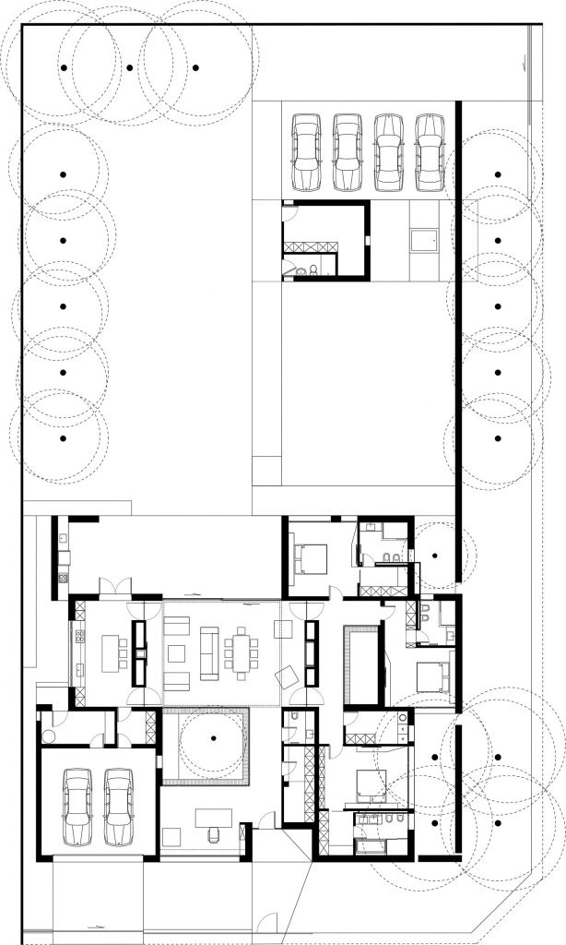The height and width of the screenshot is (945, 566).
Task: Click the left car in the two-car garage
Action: click(77, 807)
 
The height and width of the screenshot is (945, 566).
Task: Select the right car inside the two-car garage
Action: click(119, 807)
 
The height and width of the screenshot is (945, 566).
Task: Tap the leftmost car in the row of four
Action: click(305, 152)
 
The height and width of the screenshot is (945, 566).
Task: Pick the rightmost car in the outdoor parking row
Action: click(429, 152)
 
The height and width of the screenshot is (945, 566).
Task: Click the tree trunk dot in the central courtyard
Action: click(212, 738)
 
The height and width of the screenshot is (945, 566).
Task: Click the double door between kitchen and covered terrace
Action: click(115, 587)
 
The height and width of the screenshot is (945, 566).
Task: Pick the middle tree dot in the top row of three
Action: click(129, 68)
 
